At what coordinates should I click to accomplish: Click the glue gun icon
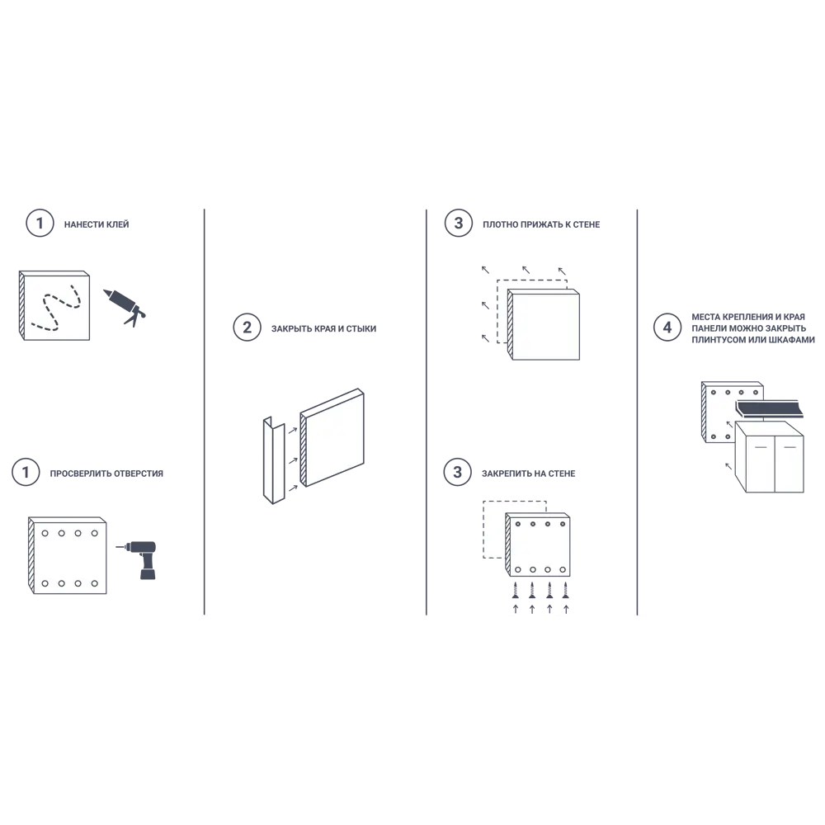coord(125,307)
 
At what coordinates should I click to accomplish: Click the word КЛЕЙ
coord(117,224)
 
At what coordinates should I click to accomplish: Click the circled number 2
coord(247,328)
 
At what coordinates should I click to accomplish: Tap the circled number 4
coord(667,328)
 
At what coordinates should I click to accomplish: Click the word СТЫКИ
coord(361,329)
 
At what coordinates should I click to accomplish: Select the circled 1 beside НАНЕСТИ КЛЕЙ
coord(40,223)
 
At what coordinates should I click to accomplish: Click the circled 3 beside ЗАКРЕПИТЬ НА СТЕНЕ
coord(457,472)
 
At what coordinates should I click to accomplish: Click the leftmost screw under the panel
coord(516,591)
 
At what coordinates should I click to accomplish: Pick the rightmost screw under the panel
coord(566,591)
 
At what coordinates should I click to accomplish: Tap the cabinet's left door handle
coord(761,447)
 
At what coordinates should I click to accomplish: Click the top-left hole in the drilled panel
coord(45,533)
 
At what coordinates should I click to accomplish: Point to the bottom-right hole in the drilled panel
coord(95,583)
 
